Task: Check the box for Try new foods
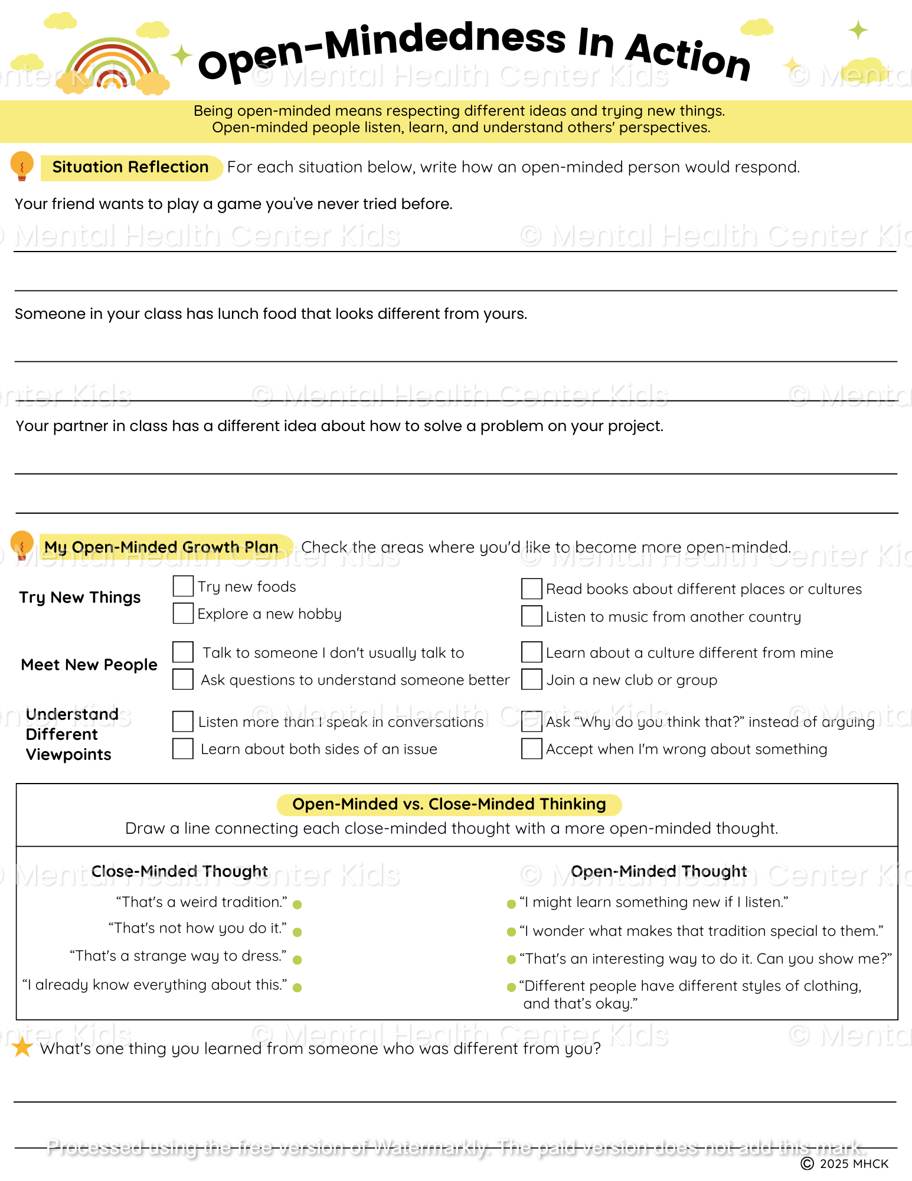pyautogui.click(x=183, y=586)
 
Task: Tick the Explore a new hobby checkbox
pyautogui.click(x=183, y=614)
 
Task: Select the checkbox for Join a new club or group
pyautogui.click(x=532, y=680)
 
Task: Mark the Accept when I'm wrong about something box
pyautogui.click(x=532, y=749)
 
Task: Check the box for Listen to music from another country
pyautogui.click(x=532, y=616)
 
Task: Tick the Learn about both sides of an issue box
pyautogui.click(x=183, y=749)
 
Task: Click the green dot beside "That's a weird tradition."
pyautogui.click(x=298, y=905)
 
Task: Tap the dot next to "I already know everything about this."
pyautogui.click(x=298, y=987)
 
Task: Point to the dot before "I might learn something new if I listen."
pyautogui.click(x=511, y=904)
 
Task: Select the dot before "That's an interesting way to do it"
pyautogui.click(x=511, y=960)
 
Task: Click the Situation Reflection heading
pyautogui.click(x=130, y=167)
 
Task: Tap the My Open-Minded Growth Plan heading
pyautogui.click(x=161, y=547)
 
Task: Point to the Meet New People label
pyautogui.click(x=89, y=665)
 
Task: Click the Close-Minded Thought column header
pyautogui.click(x=179, y=872)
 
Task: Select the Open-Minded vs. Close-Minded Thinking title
pyautogui.click(x=449, y=804)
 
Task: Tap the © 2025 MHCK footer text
pyautogui.click(x=845, y=1164)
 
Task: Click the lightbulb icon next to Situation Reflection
pyautogui.click(x=22, y=166)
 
